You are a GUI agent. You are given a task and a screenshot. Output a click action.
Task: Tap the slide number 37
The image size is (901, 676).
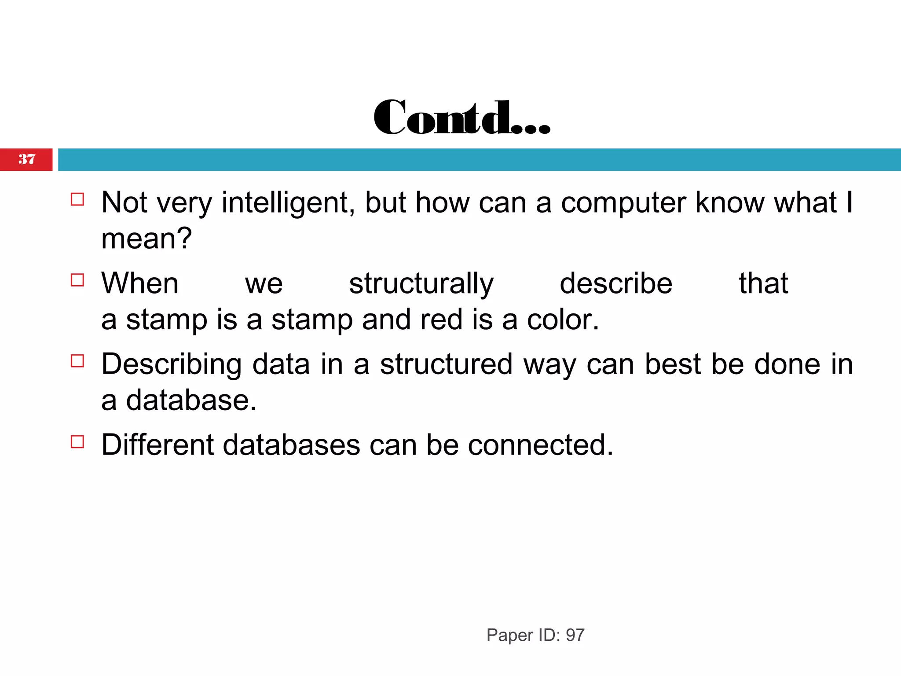27,159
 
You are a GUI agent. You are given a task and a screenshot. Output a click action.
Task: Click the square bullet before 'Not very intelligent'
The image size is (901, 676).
77,199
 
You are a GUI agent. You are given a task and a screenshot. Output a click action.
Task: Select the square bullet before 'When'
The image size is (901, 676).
77,280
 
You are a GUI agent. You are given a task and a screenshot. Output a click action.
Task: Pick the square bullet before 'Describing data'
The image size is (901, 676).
77,361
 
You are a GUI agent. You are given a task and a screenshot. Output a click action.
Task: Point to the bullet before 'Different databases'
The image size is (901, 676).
77,441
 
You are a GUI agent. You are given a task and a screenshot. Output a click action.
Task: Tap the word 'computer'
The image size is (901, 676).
623,204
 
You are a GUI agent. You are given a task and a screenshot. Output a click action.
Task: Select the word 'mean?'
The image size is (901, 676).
147,239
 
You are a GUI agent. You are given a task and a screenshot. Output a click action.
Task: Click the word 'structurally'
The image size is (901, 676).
421,284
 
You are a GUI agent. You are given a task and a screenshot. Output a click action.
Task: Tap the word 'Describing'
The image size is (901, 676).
172,365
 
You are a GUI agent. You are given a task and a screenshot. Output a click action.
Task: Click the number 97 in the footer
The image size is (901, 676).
575,635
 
